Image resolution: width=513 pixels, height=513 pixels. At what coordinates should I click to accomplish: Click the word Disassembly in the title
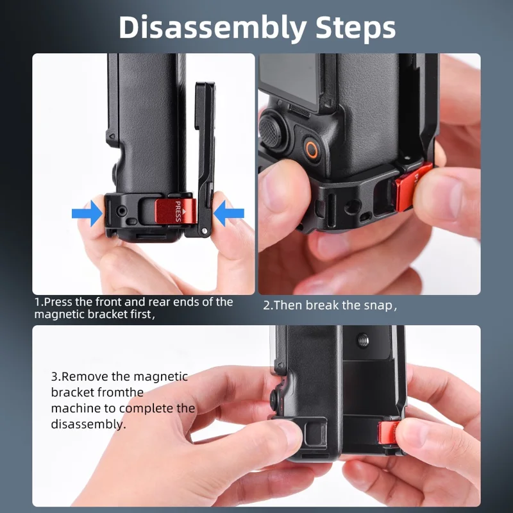point(213,28)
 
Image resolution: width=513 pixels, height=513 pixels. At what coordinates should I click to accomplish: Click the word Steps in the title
point(355,28)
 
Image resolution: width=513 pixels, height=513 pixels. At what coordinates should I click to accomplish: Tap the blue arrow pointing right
point(87,214)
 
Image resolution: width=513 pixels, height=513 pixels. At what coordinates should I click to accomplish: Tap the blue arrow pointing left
point(229,214)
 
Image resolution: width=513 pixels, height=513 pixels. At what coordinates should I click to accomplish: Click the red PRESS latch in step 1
point(176,211)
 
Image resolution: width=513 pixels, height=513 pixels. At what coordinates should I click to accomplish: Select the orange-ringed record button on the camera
point(312,150)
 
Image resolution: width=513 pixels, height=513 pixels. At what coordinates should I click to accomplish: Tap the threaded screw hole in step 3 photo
point(362,341)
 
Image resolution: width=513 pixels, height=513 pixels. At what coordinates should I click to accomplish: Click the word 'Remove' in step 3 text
point(85,376)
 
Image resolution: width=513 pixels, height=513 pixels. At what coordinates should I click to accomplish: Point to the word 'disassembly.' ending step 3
point(88,425)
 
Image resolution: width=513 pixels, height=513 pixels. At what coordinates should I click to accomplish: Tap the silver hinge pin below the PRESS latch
point(205,231)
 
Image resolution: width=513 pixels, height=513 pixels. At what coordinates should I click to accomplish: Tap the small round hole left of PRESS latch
point(122,211)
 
